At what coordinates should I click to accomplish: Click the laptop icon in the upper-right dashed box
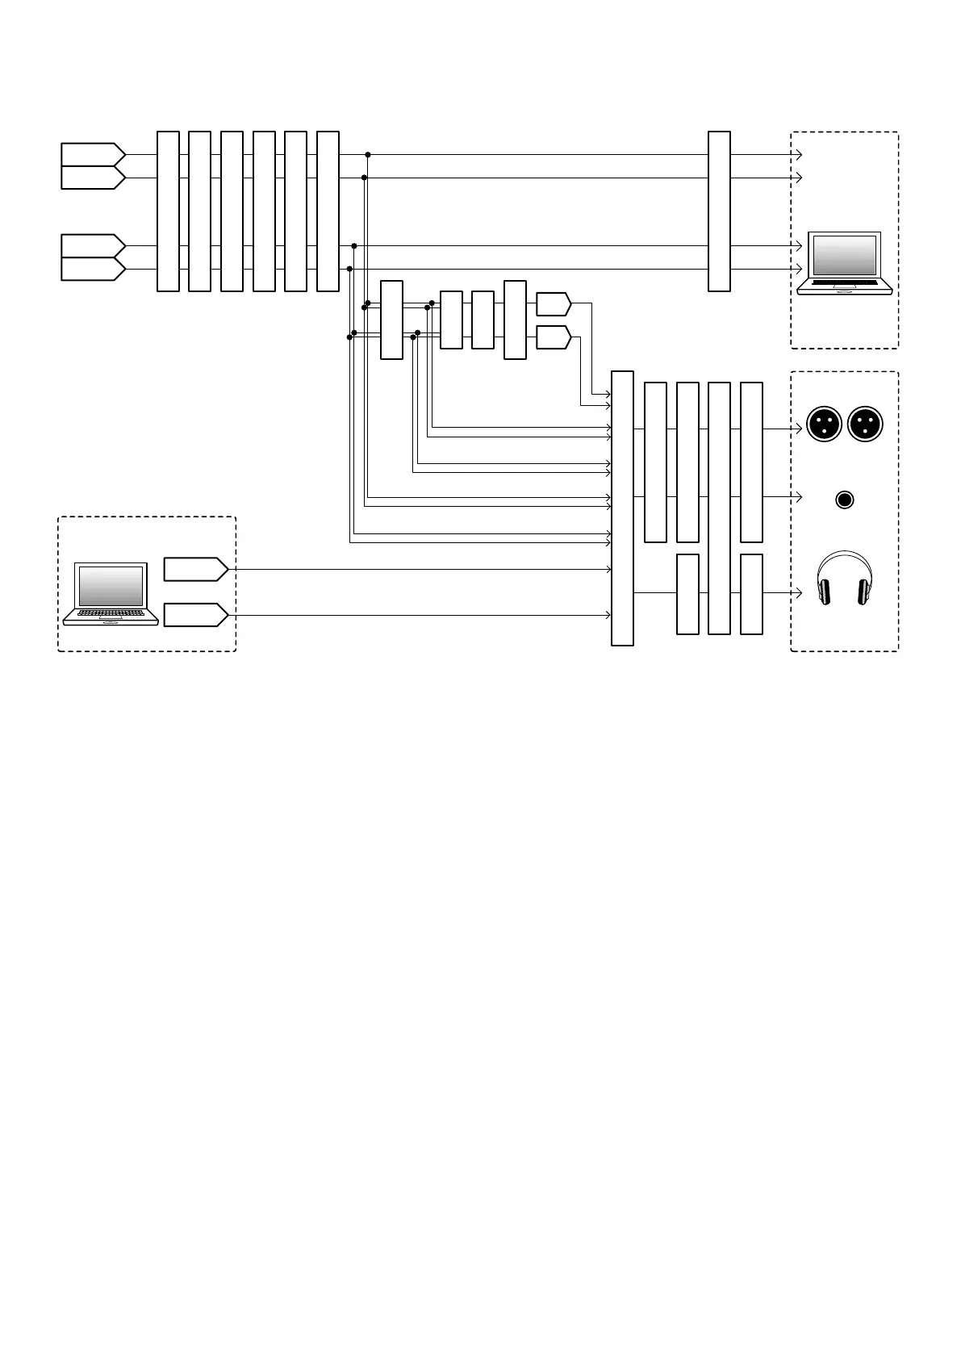point(844,263)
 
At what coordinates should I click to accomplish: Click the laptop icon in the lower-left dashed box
point(111,594)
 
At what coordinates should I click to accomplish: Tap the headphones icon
point(844,578)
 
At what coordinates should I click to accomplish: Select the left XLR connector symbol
point(824,424)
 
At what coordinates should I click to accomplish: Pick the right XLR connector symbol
point(865,424)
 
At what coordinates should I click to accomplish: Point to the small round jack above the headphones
point(844,500)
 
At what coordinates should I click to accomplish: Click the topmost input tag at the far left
point(92,154)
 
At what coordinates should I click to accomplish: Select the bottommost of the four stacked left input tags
point(92,269)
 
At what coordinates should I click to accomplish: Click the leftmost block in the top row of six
point(168,211)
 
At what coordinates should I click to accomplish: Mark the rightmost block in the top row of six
point(328,211)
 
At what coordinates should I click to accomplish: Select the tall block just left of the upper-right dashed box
point(719,211)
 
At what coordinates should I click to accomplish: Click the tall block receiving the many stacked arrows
point(622,508)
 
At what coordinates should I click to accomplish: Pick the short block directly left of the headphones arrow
point(751,594)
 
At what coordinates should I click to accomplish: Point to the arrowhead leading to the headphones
point(799,593)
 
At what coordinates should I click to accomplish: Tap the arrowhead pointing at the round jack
point(799,496)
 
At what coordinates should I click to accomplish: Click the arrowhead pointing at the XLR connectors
point(799,429)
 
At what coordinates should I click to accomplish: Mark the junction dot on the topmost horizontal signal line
point(368,154)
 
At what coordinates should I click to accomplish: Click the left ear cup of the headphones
point(825,592)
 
